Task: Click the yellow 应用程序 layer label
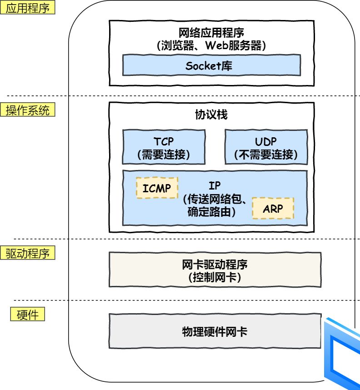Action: point(28,9)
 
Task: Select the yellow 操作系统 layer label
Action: point(28,110)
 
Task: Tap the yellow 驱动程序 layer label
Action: point(28,253)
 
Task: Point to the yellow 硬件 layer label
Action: point(28,315)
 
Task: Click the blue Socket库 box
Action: point(211,65)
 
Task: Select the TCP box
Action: point(164,147)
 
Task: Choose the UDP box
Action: point(266,147)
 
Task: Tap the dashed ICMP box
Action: point(157,188)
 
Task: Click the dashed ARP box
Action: point(273,208)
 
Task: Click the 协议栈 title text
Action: point(211,115)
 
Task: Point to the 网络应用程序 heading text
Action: point(211,33)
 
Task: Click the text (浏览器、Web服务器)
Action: point(211,45)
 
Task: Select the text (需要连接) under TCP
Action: point(164,155)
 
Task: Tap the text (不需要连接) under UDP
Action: point(266,155)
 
